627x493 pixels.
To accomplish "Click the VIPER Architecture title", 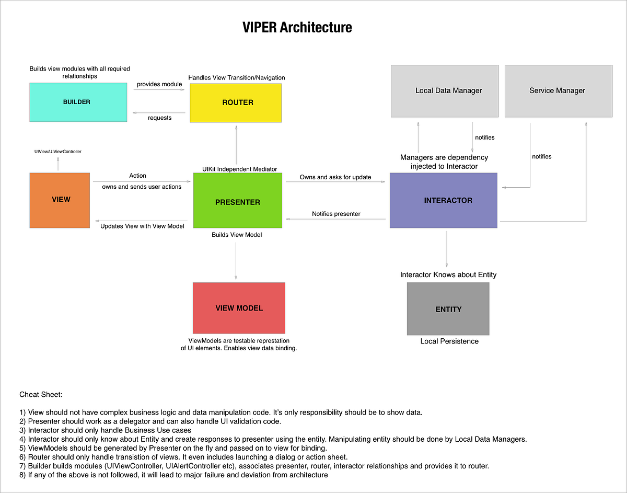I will [x=297, y=27].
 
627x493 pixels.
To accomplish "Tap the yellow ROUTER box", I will [x=236, y=103].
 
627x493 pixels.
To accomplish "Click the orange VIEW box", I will [x=60, y=200].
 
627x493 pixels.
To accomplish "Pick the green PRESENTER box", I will [x=237, y=201].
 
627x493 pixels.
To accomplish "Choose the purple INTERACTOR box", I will [x=444, y=200].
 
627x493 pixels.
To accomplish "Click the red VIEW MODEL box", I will [x=239, y=308].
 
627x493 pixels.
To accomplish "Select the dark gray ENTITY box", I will [x=448, y=309].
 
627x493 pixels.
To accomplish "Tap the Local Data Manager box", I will [x=444, y=91].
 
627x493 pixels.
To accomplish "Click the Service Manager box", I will [x=558, y=91].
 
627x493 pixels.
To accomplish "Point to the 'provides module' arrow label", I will [x=159, y=84].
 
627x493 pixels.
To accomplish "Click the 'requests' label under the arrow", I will [x=159, y=118].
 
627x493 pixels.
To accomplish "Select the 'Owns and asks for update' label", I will [x=335, y=177].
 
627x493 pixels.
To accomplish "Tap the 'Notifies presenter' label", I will [x=336, y=214].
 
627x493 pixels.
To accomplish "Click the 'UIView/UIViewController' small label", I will [x=58, y=152].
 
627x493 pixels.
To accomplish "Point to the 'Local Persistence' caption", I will [x=449, y=341].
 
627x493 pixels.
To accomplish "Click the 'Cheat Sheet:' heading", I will [x=41, y=394].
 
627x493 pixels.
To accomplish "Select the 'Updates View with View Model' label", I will [x=142, y=226].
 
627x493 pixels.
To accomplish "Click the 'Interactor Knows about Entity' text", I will [x=448, y=274].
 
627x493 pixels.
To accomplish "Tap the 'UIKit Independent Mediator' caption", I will [x=239, y=169].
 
